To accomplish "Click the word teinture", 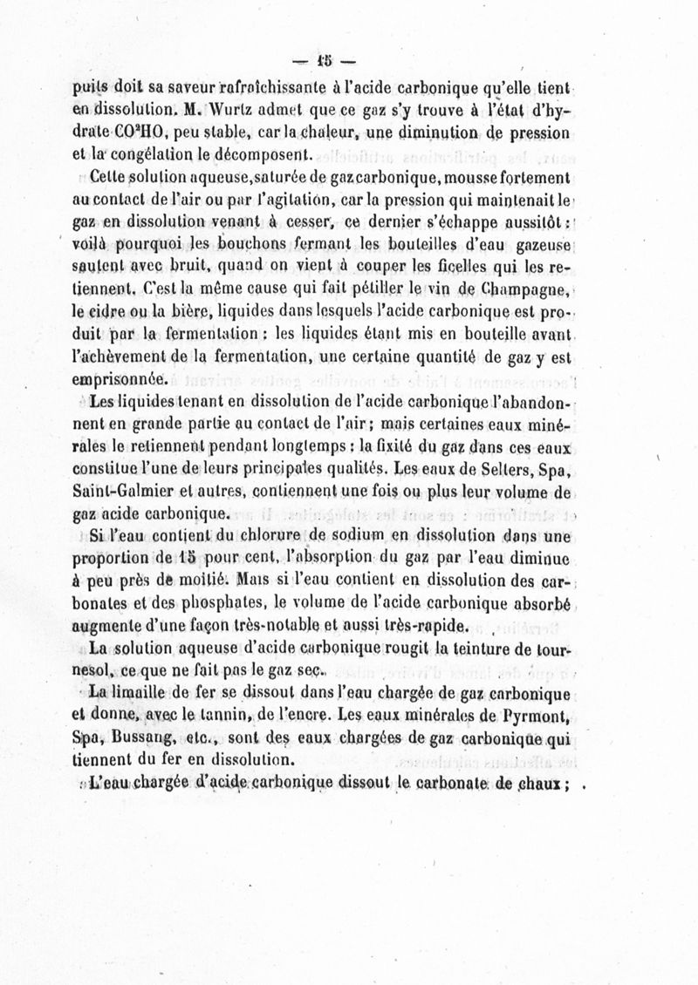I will point(479,649).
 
